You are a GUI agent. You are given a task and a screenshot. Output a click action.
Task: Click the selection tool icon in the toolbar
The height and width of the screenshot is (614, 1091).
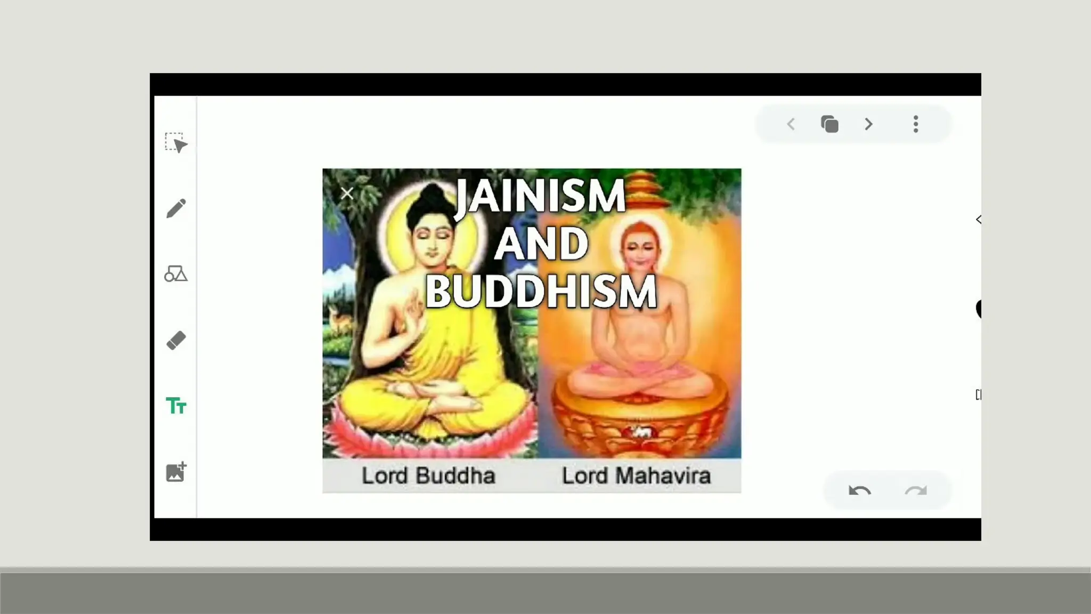(x=176, y=143)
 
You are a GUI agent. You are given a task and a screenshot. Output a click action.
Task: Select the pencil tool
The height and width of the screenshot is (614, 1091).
(x=176, y=208)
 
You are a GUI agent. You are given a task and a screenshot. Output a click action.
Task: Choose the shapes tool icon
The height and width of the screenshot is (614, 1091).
(x=176, y=274)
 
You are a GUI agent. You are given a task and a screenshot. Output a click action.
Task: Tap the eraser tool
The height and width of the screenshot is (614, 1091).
(x=176, y=341)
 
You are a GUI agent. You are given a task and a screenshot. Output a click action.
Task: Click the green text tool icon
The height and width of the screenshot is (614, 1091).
(x=176, y=406)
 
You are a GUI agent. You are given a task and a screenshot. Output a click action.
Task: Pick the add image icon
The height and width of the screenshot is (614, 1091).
(x=176, y=472)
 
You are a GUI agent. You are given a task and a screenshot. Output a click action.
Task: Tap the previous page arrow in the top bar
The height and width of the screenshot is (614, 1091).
(x=791, y=125)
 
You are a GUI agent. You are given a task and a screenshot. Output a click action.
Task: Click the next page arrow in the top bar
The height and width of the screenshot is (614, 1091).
(x=869, y=125)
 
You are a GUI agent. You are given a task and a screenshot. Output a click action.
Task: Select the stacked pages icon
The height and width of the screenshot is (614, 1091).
(x=829, y=124)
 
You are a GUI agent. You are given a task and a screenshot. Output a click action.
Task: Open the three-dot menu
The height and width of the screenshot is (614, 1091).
(x=916, y=124)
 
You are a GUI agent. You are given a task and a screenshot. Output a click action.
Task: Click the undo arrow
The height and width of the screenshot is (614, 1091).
(x=859, y=490)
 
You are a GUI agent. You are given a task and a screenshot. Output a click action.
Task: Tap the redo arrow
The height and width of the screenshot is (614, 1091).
(x=916, y=490)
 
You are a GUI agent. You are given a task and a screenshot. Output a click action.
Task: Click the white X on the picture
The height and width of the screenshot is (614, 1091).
(x=347, y=193)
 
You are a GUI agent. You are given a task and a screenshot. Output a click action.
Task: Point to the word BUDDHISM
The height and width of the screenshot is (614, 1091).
(x=541, y=292)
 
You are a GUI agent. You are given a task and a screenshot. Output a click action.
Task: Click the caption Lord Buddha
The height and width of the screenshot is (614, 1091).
(x=428, y=476)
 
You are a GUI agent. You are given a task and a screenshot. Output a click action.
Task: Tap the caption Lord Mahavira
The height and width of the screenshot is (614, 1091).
(x=636, y=476)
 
